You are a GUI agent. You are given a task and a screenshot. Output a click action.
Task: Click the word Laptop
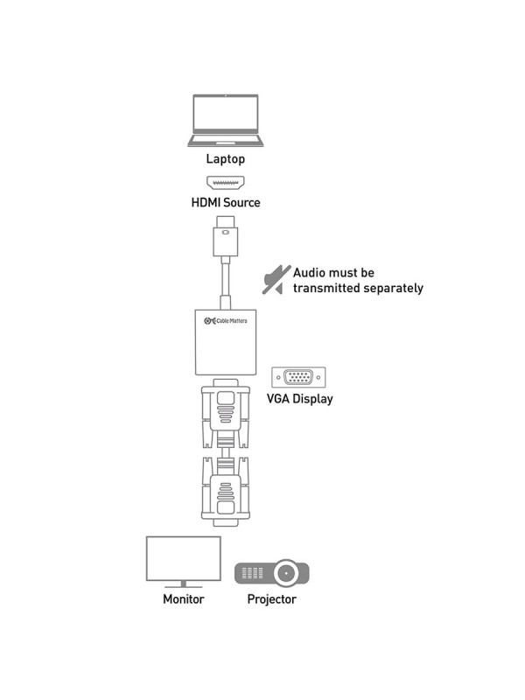[225, 159]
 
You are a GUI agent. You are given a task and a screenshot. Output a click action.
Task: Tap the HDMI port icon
[225, 183]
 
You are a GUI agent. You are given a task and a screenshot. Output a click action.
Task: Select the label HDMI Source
[225, 203]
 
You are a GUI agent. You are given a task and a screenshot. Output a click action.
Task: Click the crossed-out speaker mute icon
[276, 279]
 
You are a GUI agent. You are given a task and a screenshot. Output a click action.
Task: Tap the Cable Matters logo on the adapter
[225, 322]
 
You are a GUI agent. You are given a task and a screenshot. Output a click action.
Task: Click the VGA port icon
[299, 378]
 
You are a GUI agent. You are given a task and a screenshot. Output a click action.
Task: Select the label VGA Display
[299, 399]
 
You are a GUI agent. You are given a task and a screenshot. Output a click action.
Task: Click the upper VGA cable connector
[225, 411]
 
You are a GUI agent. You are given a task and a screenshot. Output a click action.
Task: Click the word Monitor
[183, 599]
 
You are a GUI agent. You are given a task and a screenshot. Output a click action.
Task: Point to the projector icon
[270, 574]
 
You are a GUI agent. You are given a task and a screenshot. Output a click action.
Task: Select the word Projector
[271, 599]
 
